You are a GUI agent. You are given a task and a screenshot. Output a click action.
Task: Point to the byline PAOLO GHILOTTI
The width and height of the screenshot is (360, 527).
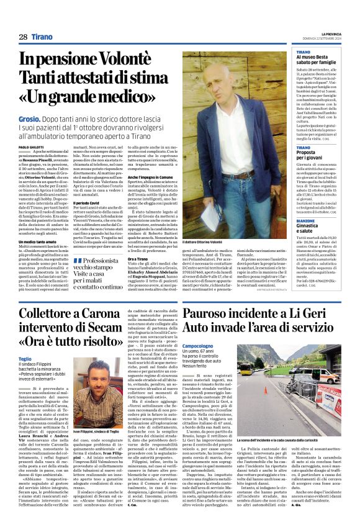31,146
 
